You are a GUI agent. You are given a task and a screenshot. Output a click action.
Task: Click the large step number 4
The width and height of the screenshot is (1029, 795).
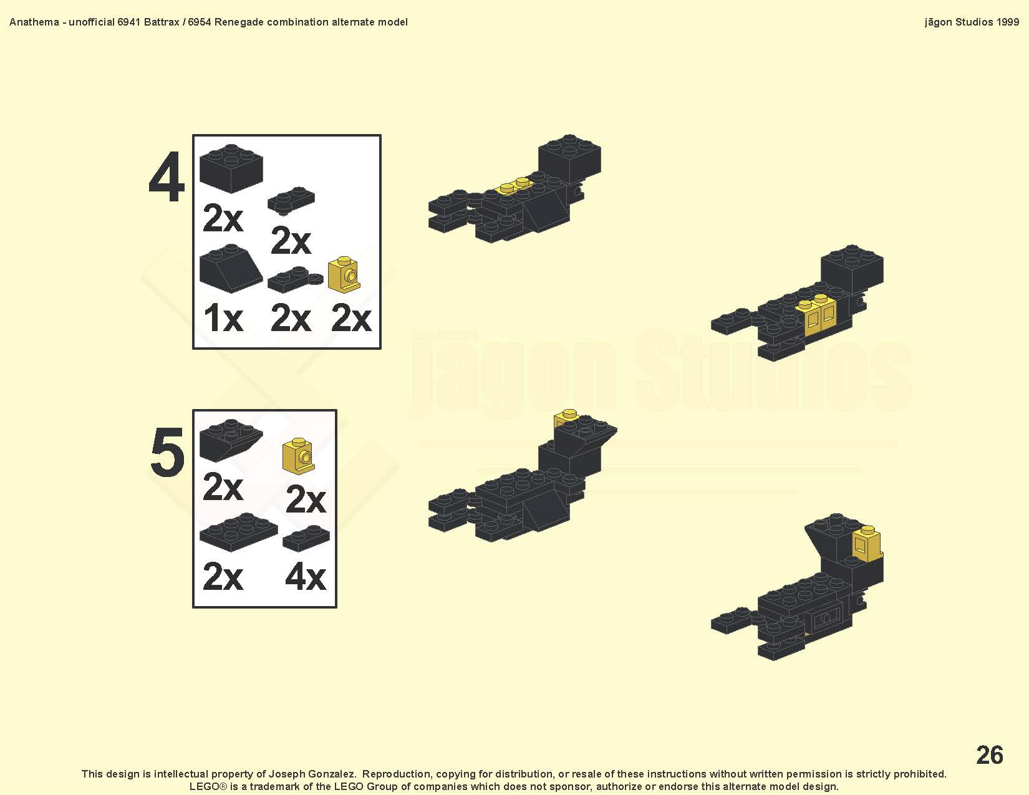(x=167, y=178)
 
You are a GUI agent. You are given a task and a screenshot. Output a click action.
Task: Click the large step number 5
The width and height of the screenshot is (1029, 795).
(x=167, y=451)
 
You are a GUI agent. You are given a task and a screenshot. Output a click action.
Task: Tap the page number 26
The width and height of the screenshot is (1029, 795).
(x=989, y=754)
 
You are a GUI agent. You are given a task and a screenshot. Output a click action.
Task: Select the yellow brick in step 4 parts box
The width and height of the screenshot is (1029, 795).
(x=344, y=274)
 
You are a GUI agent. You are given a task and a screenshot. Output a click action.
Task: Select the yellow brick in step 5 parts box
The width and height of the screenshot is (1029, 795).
(x=299, y=456)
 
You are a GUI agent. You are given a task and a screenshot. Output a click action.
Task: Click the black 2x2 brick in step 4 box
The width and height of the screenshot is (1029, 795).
(x=231, y=168)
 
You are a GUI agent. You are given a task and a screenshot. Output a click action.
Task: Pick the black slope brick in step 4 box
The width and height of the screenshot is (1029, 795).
(x=231, y=269)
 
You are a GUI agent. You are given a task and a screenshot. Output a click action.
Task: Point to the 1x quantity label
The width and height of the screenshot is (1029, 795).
(x=223, y=318)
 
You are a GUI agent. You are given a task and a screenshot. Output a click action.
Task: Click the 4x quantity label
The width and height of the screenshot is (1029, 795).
(x=306, y=577)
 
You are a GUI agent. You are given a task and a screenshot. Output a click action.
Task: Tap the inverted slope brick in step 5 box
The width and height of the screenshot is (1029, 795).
(x=231, y=440)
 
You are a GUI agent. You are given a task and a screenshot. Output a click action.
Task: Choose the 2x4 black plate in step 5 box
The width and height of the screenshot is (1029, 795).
(x=238, y=532)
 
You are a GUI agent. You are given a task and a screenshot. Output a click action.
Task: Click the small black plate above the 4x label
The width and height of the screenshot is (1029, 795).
(x=306, y=538)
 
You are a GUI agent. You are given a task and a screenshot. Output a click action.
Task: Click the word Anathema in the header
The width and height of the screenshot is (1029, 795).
(x=34, y=22)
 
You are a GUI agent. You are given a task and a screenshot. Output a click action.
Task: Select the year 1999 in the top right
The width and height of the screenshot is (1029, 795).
(x=1008, y=22)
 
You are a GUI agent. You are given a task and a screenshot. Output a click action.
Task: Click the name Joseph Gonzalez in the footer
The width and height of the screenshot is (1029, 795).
(x=312, y=774)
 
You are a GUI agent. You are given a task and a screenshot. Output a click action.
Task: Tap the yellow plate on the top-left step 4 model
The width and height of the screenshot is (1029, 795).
(x=513, y=186)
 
